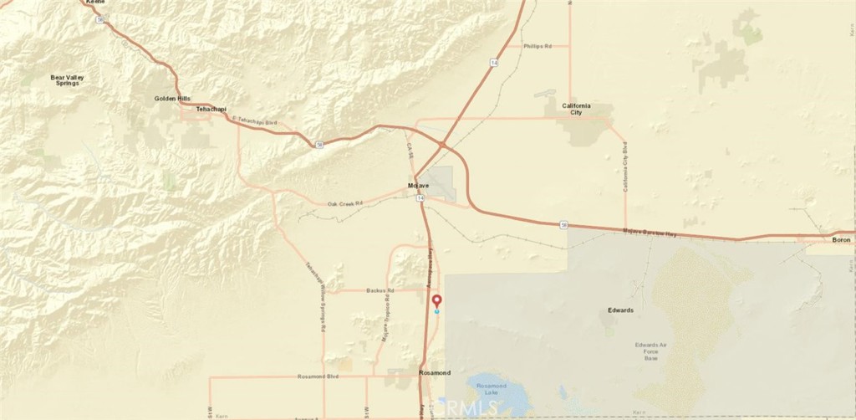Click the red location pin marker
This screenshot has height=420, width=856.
436,301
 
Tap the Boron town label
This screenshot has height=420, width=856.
841,240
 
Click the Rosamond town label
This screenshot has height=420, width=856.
435,372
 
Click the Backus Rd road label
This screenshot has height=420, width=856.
380,290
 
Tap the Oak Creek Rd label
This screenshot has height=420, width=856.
344,203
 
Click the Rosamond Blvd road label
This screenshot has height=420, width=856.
316,376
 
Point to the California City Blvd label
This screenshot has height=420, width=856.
625,167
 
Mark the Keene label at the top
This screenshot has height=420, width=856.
95,3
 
